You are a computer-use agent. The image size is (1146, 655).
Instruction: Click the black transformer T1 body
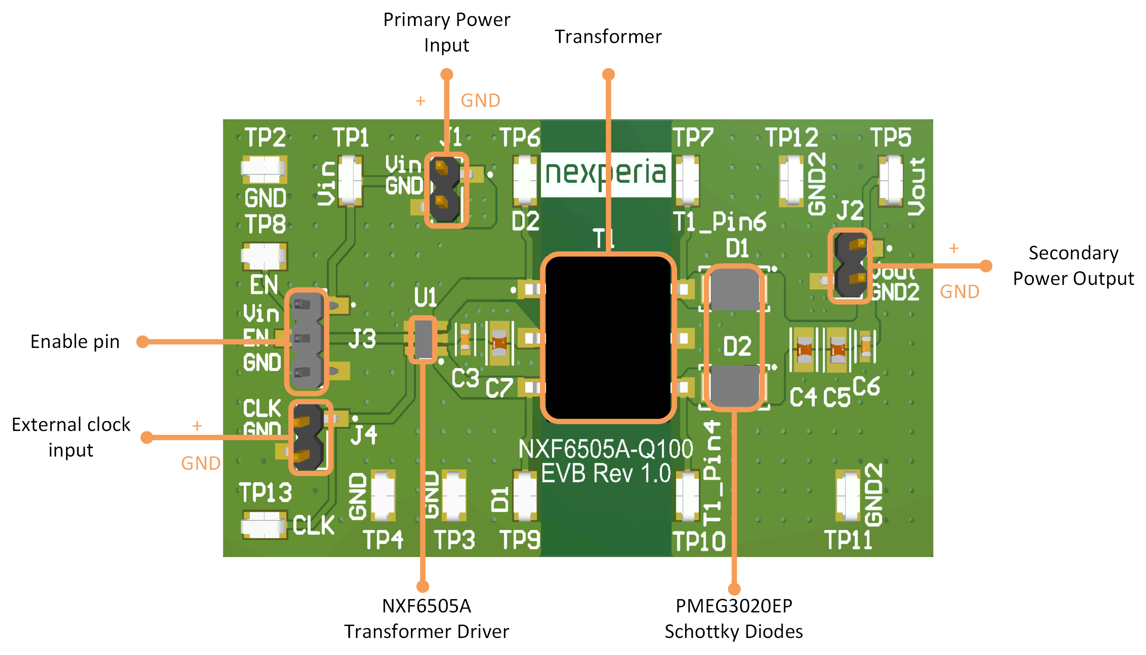point(608,337)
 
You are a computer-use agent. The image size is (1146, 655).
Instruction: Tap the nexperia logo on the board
point(606,173)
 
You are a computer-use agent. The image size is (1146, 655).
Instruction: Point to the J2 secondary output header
point(850,266)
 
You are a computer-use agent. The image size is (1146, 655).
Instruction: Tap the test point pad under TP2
point(264,169)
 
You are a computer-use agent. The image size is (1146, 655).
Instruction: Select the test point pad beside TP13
point(264,524)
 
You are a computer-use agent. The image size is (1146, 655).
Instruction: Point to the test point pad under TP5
point(891,180)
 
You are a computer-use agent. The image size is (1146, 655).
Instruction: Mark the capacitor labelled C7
point(499,343)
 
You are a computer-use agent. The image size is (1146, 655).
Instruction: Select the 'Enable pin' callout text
point(75,342)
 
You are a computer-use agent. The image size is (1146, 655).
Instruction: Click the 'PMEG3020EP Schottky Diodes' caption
point(734,618)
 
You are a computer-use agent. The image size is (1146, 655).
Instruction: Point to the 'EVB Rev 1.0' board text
point(606,473)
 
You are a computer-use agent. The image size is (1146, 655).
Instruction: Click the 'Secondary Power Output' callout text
point(1073,265)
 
